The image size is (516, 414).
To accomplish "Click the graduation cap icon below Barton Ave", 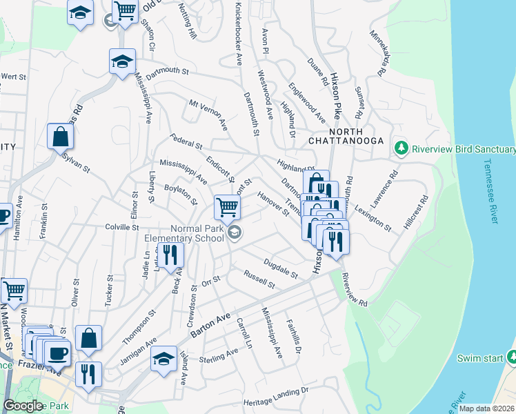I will point(163,358).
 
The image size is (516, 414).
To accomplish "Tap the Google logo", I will point(23,406).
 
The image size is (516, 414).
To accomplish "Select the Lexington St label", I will point(373,217).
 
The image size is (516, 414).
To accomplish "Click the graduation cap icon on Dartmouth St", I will point(122,61).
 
